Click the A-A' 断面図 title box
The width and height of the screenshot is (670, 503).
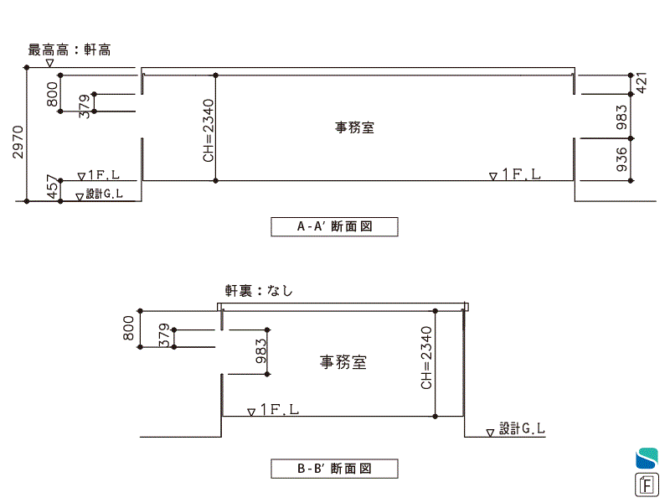[x=334, y=226]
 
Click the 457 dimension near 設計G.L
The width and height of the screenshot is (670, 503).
[x=52, y=188]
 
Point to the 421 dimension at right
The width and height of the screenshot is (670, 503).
[x=643, y=83]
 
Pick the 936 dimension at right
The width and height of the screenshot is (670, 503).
[x=621, y=159]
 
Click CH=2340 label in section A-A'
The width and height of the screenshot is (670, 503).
[x=208, y=130]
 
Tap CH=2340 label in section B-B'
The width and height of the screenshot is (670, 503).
[x=426, y=358]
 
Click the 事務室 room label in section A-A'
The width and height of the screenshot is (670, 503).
[x=355, y=128]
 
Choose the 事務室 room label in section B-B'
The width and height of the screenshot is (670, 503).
[x=343, y=362]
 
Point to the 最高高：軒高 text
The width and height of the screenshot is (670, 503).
[x=70, y=49]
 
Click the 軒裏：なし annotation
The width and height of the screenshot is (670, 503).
[x=259, y=291]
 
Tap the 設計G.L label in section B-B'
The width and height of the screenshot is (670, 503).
[x=523, y=428]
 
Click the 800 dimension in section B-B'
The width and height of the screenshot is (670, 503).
[x=129, y=328]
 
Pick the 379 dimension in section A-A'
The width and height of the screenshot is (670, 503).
[x=84, y=106]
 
